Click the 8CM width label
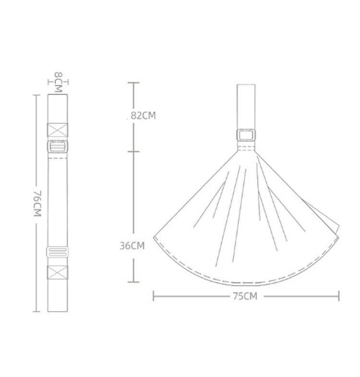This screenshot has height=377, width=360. pyautogui.click(x=58, y=82)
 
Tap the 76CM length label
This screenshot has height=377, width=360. pyautogui.click(x=37, y=204)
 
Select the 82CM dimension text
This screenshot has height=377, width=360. pyautogui.click(x=143, y=116)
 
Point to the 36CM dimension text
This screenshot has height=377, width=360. pyautogui.click(x=132, y=246)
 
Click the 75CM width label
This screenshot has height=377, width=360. pyautogui.click(x=245, y=296)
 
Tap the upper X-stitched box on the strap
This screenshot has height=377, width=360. pyautogui.click(x=58, y=130)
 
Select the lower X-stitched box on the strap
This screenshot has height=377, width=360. pyautogui.click(x=58, y=272)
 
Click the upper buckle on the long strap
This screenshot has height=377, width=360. pyautogui.click(x=58, y=146)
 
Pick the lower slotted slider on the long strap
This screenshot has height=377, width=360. pyautogui.click(x=58, y=252)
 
